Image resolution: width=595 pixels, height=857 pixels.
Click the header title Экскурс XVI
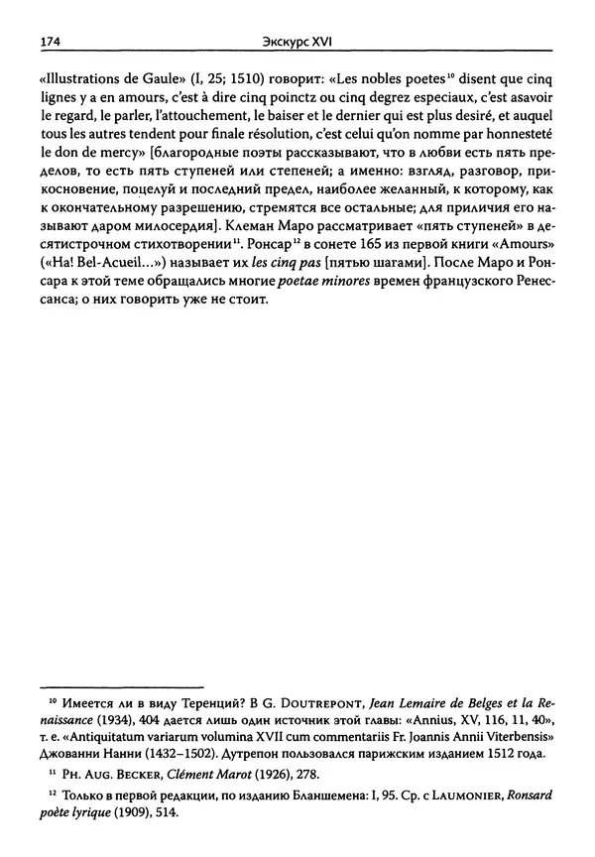[297, 43]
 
